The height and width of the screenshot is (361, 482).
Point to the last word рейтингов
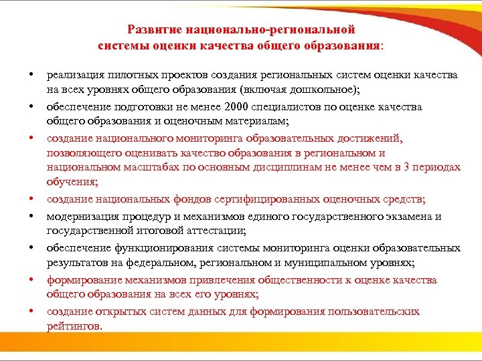coord(74,326)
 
